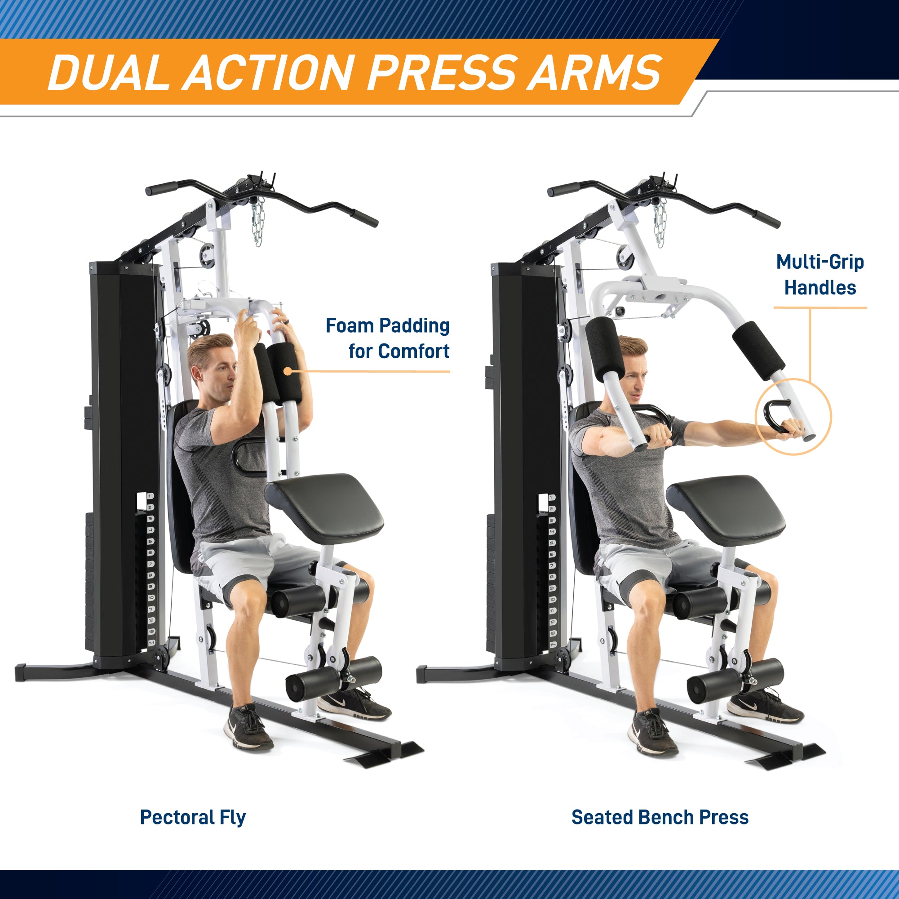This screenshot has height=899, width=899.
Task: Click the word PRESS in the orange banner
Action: pyautogui.click(x=442, y=72)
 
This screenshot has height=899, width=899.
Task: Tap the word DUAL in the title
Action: pyautogui.click(x=109, y=72)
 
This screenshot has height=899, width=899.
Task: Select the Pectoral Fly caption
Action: pyautogui.click(x=193, y=818)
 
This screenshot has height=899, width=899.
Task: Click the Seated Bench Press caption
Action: pyautogui.click(x=660, y=817)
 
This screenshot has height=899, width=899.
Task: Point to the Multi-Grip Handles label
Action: pyautogui.click(x=820, y=275)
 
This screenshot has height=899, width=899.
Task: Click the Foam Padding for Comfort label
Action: pyautogui.click(x=388, y=338)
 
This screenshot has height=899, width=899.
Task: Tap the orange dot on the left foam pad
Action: pyautogui.click(x=288, y=371)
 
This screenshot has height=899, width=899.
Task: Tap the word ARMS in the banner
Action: pyautogui.click(x=594, y=72)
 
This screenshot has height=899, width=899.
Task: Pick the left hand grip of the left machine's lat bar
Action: pyautogui.click(x=161, y=188)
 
